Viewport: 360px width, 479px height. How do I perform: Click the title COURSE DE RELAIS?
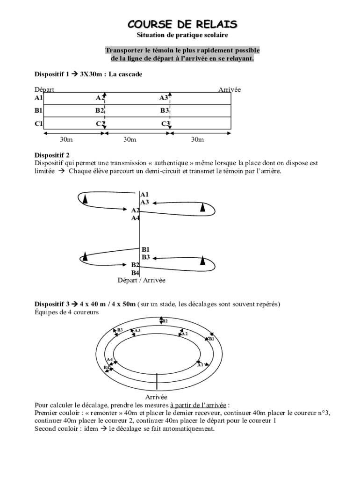[183, 24]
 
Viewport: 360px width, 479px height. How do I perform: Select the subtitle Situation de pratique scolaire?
[183, 35]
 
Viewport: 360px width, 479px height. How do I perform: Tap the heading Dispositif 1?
[52, 74]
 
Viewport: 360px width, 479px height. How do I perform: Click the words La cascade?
[125, 74]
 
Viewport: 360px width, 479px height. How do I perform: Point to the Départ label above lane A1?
[44, 89]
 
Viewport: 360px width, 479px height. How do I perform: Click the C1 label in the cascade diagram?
[39, 123]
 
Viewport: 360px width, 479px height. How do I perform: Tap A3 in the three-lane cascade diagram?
[164, 97]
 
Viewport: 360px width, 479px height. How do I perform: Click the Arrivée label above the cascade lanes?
[230, 89]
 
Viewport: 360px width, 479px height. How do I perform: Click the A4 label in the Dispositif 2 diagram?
[135, 218]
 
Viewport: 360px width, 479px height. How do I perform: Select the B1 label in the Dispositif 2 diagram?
[145, 249]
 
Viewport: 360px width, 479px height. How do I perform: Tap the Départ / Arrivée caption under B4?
[141, 280]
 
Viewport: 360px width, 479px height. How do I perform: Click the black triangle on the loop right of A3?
[203, 207]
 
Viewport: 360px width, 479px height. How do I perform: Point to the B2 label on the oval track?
[165, 321]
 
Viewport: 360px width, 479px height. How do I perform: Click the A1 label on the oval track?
[201, 364]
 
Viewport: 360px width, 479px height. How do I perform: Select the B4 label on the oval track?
[106, 367]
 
